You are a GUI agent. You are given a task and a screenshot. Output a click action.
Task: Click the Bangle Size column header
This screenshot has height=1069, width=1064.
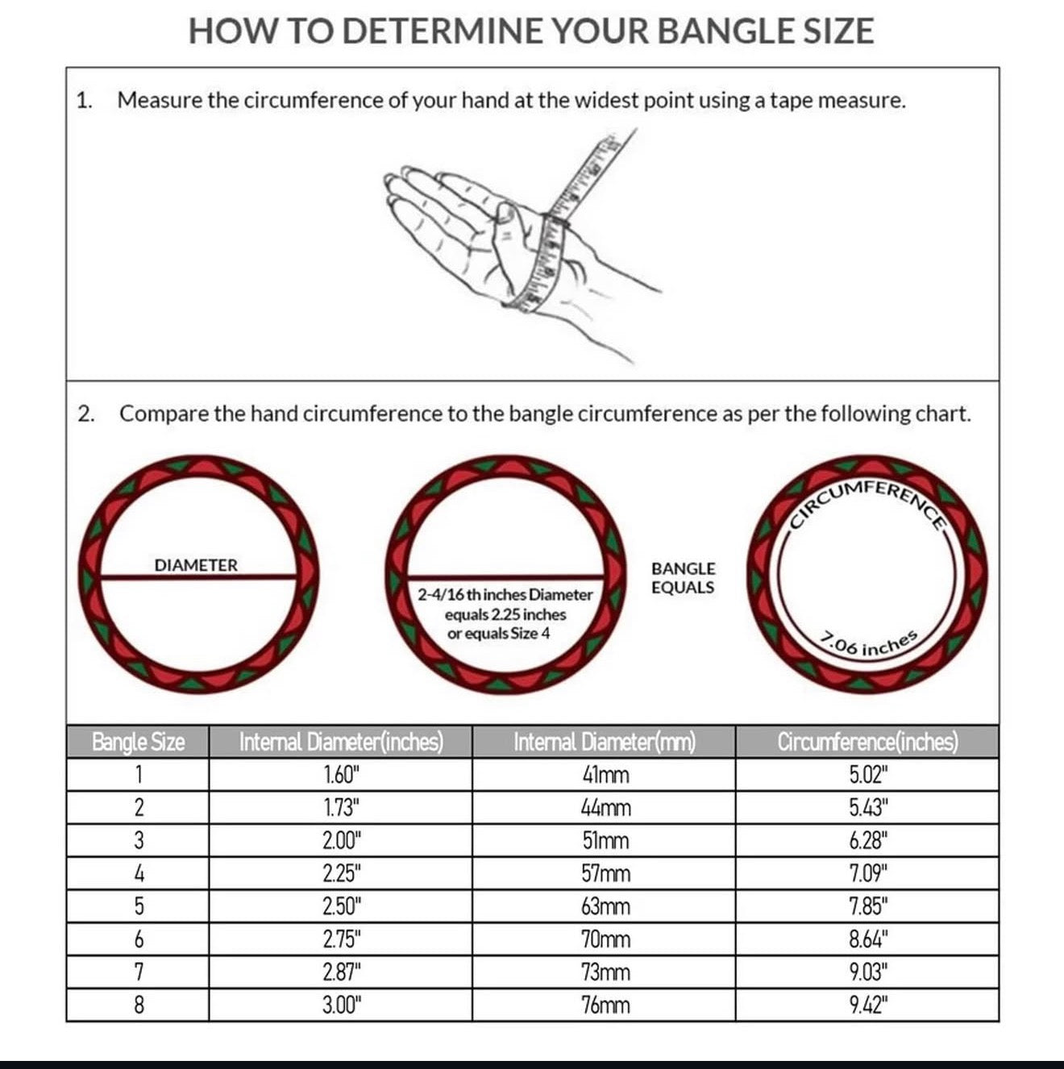[x=138, y=742]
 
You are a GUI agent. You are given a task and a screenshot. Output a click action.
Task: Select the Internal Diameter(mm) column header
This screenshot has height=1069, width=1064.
[x=604, y=742]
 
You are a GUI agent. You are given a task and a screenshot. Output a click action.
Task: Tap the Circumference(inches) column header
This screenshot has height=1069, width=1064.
[x=867, y=742]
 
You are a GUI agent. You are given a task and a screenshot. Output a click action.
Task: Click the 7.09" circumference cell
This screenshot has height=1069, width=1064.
[x=868, y=874]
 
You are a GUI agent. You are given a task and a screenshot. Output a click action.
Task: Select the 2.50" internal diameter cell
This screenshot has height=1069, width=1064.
[x=342, y=907]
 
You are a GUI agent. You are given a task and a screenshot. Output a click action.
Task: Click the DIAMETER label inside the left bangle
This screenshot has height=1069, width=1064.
[x=196, y=565]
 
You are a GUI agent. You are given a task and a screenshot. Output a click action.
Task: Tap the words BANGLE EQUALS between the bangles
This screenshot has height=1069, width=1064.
[x=683, y=578]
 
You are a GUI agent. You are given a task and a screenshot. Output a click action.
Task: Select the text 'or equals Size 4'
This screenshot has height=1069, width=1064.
[x=498, y=634]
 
